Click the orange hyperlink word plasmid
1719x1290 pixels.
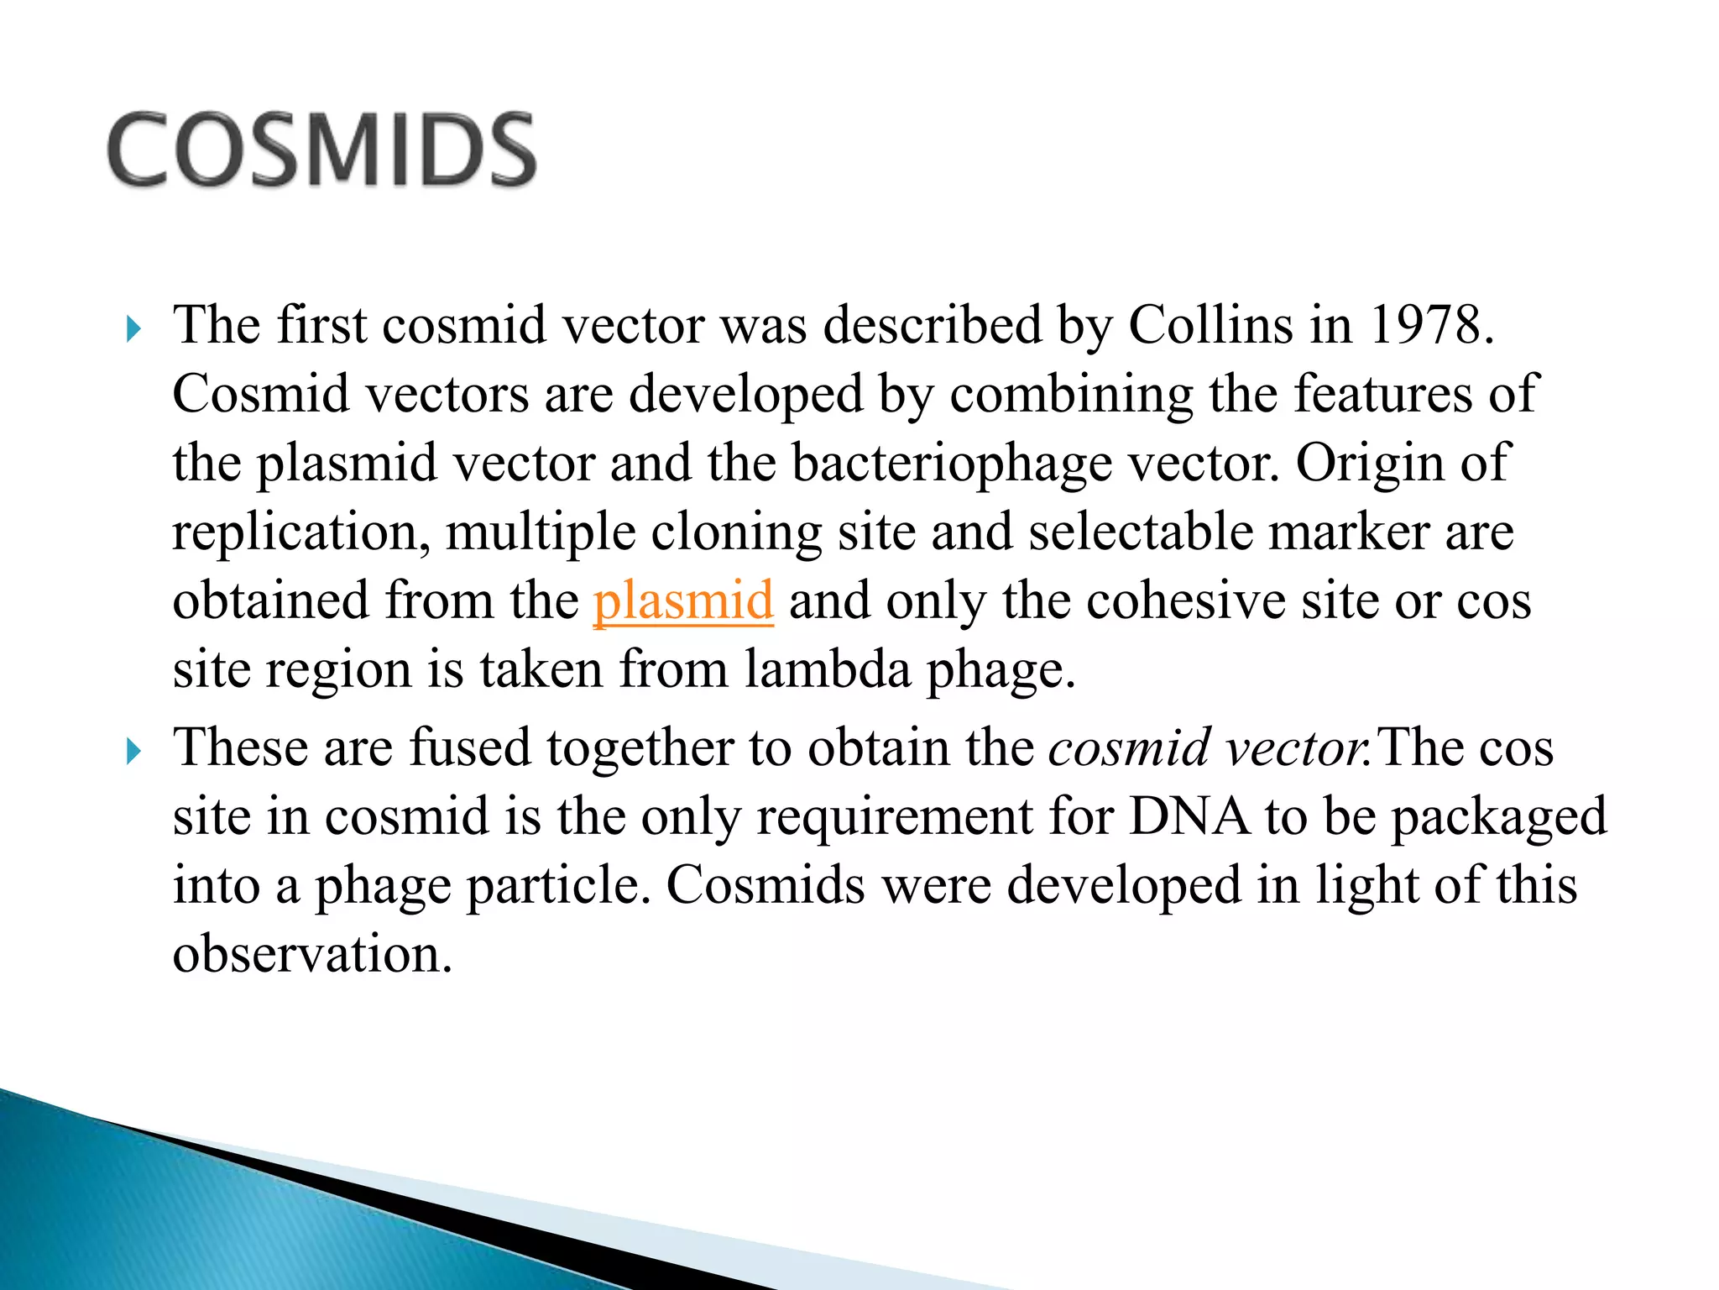682,601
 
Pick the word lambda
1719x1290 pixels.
827,670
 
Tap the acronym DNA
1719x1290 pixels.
1189,816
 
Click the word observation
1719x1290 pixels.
312,954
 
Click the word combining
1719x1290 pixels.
1071,395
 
